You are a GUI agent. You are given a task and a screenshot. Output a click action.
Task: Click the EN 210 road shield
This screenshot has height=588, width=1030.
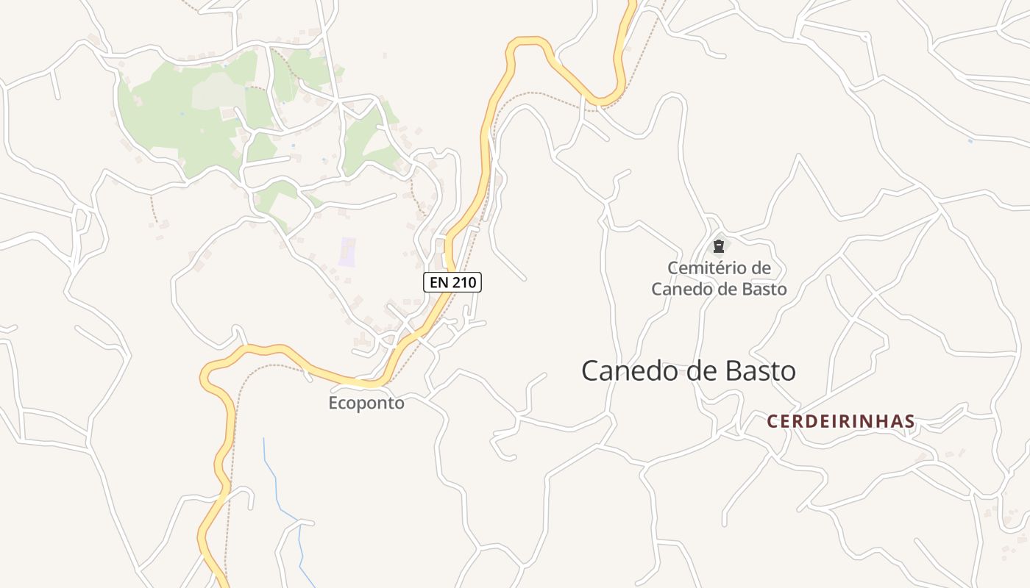tap(452, 282)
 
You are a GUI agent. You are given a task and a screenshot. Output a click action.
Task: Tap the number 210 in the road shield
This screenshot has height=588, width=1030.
tap(463, 282)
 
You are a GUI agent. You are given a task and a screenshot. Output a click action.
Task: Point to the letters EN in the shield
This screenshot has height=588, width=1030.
tap(438, 282)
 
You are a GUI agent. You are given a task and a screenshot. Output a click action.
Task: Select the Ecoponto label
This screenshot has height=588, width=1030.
tap(366, 403)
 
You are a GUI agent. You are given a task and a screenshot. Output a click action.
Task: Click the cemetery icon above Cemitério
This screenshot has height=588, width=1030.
tap(719, 247)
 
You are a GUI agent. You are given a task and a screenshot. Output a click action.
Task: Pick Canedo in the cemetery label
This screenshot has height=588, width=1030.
tap(678, 289)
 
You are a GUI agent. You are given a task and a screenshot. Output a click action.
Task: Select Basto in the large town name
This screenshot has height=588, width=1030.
tap(761, 371)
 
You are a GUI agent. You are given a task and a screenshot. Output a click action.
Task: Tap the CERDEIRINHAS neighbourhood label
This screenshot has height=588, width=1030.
tap(841, 422)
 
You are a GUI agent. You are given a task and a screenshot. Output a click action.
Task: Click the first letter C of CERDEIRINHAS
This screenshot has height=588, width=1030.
tap(772, 422)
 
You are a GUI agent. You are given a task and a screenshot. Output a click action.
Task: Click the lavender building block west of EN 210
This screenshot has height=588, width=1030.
tap(347, 252)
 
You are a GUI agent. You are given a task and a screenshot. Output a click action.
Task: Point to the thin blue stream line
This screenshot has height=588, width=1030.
tap(274, 478)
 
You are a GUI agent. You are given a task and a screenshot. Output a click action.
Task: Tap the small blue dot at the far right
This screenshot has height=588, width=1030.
tap(970, 140)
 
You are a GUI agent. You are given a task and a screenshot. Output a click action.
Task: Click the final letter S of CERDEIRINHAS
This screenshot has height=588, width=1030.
tap(910, 422)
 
